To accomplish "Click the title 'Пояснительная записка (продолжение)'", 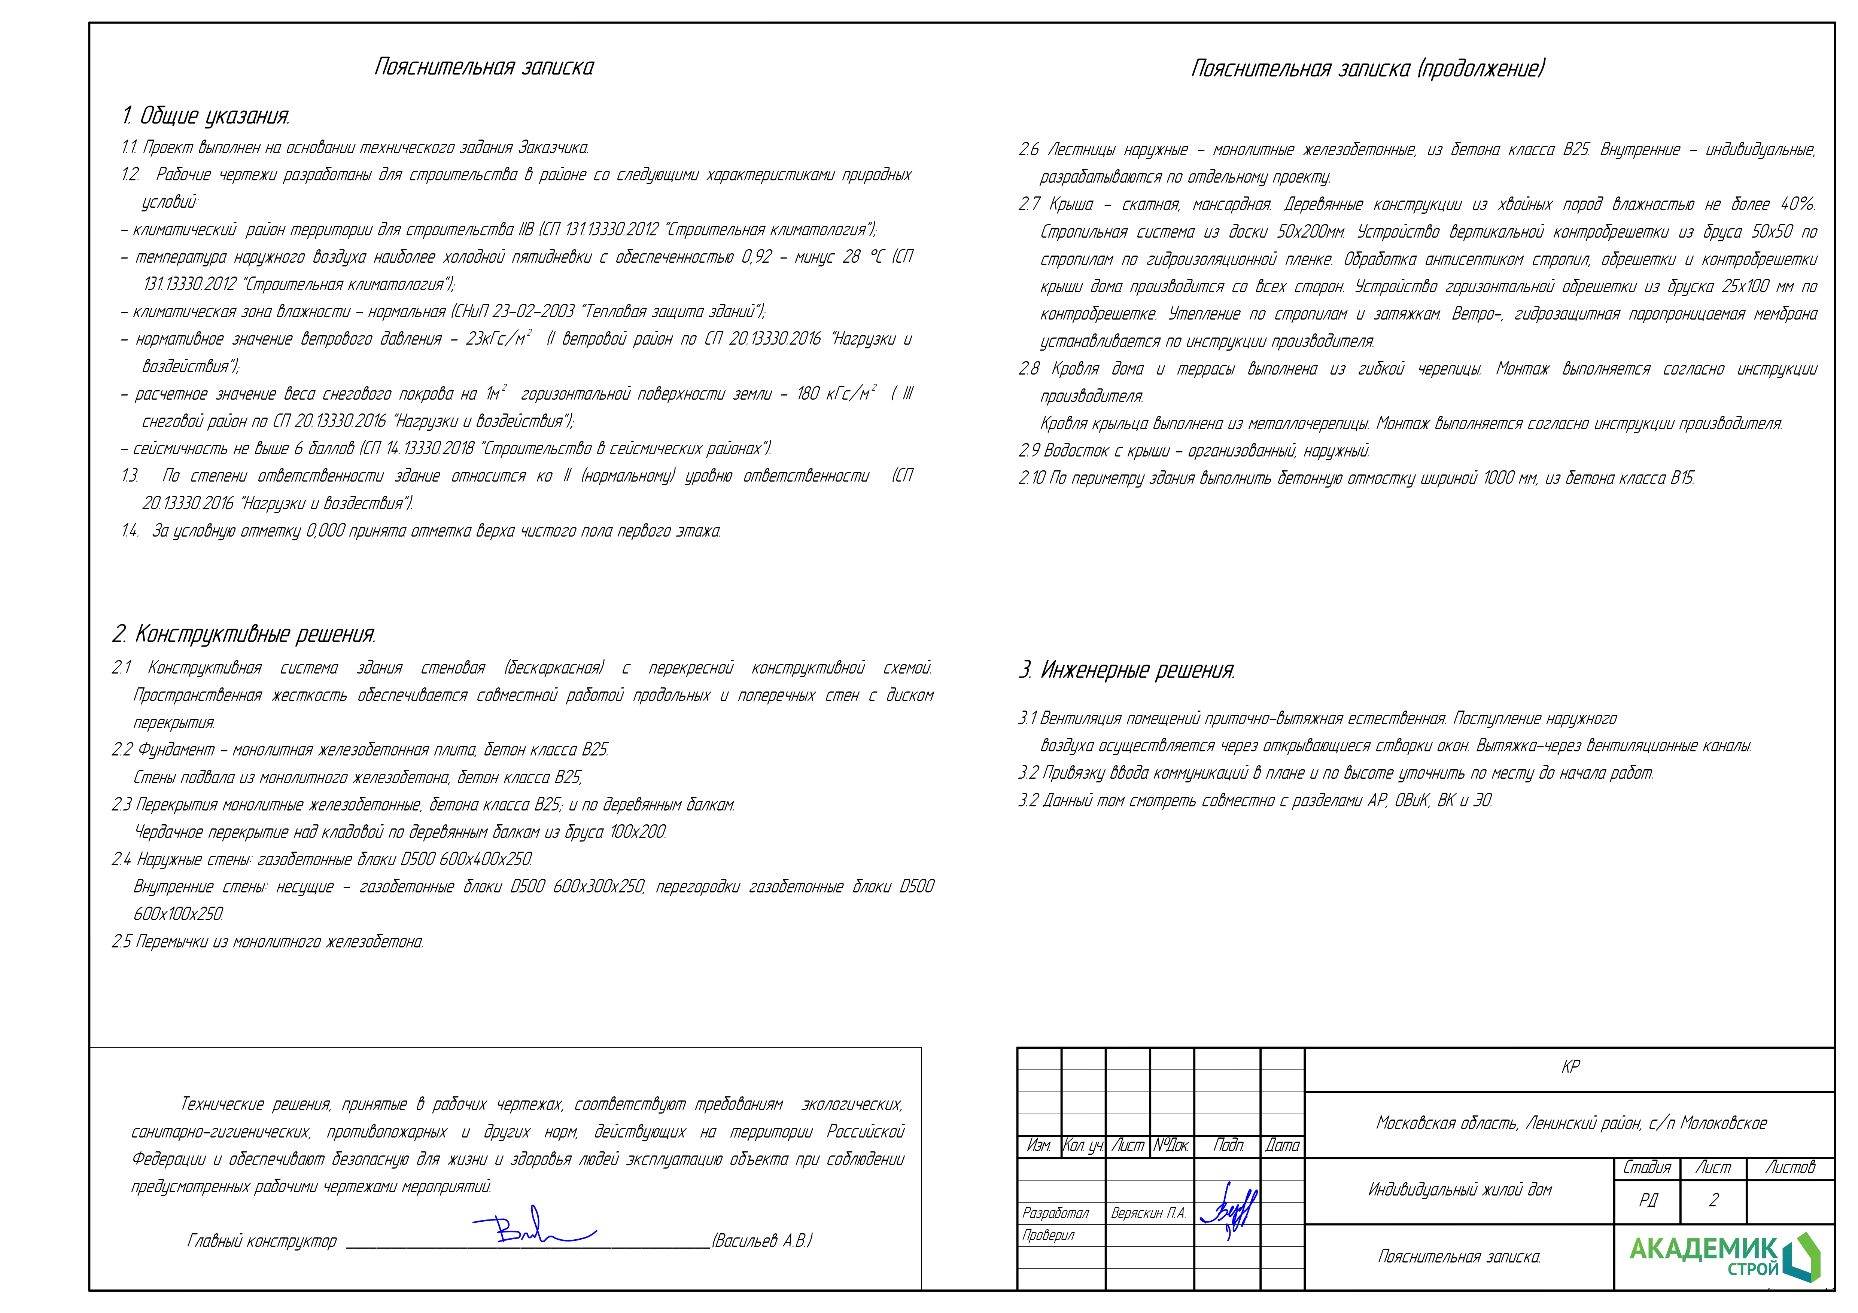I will (1368, 69).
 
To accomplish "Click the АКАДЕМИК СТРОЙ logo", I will (1724, 1256).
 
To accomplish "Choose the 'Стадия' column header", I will (1647, 1167).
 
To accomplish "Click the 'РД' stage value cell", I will (1648, 1200).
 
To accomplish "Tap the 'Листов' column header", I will (1790, 1167).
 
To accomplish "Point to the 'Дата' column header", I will (1283, 1145).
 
